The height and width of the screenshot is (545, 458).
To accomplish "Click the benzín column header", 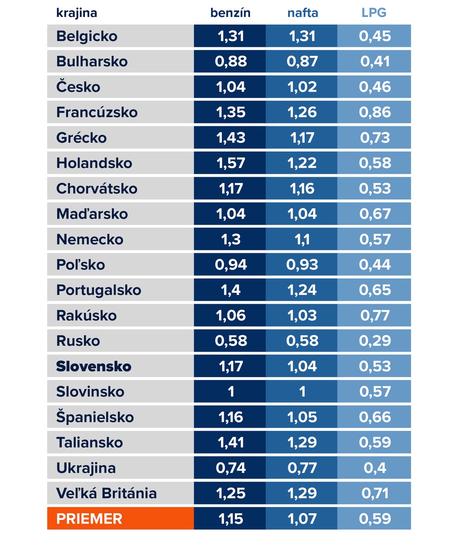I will [230, 13].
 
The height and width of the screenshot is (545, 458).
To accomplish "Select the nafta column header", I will [302, 13].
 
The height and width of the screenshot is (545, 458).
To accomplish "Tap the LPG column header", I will [374, 13].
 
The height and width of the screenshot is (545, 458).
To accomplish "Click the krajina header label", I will [76, 13].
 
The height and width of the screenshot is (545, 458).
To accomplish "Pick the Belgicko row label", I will [87, 36].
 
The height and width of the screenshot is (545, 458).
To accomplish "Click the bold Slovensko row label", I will [93, 366].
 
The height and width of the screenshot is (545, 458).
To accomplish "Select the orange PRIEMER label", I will [89, 519].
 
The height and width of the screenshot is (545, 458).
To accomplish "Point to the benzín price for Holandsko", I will [231, 163].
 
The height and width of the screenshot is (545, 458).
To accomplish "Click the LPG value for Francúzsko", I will [375, 112].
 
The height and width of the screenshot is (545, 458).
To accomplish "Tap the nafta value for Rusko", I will [302, 341].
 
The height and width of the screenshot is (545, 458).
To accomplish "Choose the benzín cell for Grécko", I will [231, 138].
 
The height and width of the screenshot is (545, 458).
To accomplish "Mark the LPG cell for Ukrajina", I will [375, 468].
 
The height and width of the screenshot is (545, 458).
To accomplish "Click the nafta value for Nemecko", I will [302, 239].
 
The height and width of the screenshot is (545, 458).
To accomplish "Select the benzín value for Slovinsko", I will [231, 392].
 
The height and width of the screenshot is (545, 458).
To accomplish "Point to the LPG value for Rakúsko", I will [375, 315].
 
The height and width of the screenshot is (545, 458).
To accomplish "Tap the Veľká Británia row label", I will [106, 494].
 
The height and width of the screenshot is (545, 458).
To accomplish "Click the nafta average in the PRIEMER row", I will [302, 519].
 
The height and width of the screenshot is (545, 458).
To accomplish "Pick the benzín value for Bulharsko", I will [231, 62].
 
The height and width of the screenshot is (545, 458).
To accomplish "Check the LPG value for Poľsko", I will [375, 265].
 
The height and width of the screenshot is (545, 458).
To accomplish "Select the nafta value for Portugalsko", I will [302, 290].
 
